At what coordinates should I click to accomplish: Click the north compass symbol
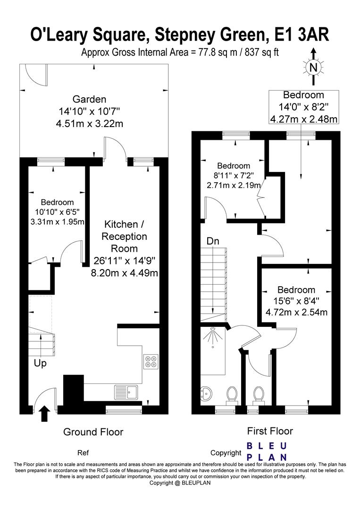(313, 67)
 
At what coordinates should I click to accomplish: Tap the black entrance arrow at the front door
(44, 414)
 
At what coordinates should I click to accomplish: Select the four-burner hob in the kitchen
(151, 361)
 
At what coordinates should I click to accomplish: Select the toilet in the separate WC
(258, 394)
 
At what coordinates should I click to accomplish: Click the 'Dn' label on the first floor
(213, 241)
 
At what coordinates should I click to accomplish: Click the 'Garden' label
(89, 99)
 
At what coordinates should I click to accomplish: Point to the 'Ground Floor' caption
(93, 432)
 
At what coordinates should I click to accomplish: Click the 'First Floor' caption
(270, 431)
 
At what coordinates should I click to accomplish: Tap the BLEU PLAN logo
(267, 451)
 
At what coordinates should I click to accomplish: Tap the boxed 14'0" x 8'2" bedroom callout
(303, 107)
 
